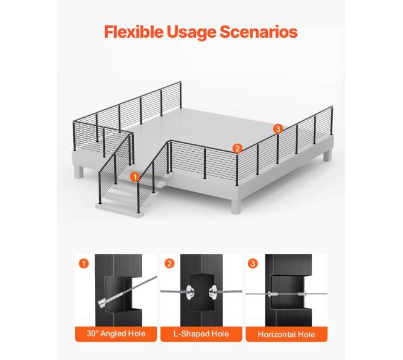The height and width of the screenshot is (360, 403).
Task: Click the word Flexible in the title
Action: tap(134, 32)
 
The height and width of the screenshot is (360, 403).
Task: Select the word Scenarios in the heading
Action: tap(259, 32)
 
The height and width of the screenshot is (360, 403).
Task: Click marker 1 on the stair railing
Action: tap(135, 177)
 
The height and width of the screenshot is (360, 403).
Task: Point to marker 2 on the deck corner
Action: tap(237, 149)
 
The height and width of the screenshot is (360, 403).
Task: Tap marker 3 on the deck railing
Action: tap(278, 129)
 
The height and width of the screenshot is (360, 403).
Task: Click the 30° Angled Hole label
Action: tap(116, 333)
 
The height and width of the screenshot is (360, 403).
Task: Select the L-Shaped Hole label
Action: tap(201, 333)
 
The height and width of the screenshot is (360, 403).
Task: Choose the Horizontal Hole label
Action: tap(286, 335)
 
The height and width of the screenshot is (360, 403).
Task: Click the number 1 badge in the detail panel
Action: tap(84, 263)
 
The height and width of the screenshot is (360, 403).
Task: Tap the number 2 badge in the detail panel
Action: tap(169, 263)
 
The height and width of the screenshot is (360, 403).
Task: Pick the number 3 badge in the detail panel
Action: tap(252, 263)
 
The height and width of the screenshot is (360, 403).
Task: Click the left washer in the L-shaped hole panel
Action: tap(190, 292)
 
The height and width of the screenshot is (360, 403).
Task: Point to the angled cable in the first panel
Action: tap(127, 291)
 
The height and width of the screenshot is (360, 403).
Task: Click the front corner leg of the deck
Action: tap(236, 207)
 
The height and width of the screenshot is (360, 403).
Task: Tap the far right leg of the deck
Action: tap(327, 156)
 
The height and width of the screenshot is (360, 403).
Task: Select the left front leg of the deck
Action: tap(79, 172)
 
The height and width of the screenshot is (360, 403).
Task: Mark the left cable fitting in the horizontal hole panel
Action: tap(273, 294)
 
